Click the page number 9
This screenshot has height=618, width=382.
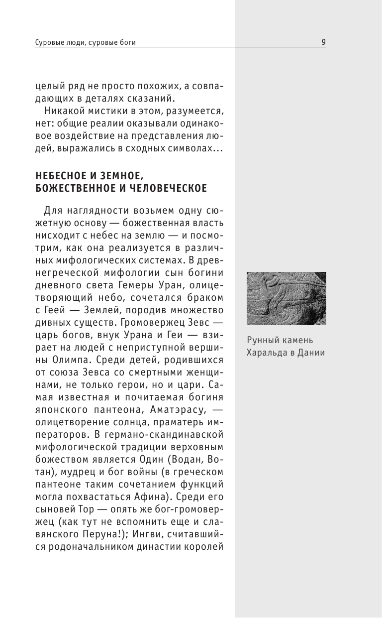(x=323, y=42)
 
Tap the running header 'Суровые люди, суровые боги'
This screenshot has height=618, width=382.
(x=86, y=43)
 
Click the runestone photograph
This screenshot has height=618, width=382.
(x=286, y=298)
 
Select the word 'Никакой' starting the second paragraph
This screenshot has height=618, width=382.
(x=61, y=110)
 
